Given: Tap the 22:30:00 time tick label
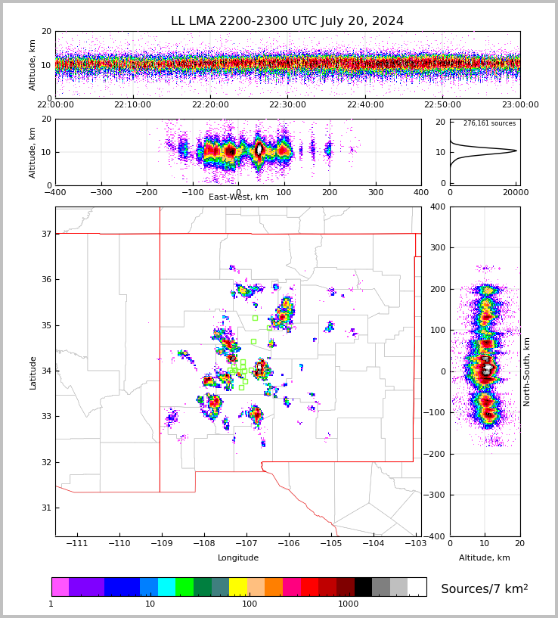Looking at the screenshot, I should coord(287,105).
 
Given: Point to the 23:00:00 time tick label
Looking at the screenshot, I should coord(520,105).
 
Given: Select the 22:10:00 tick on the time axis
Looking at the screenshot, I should coord(132,105).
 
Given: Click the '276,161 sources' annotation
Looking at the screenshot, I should coord(489,123).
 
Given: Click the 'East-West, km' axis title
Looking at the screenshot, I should coord(238,197).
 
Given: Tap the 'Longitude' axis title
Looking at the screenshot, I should coord(238,558).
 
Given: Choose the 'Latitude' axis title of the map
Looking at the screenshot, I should coord(33,372).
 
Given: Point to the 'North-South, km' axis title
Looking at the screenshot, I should coord(527,371).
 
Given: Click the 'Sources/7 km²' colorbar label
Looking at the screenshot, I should coord(485,589).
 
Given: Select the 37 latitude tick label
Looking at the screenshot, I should coord(46,234).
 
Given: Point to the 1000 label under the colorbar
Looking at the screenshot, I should coord(349,604).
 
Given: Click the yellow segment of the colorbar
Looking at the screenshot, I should coord(238,587).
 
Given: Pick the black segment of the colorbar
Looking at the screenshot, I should coord(363,587).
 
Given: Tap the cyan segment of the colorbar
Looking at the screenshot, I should coord(166,587).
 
